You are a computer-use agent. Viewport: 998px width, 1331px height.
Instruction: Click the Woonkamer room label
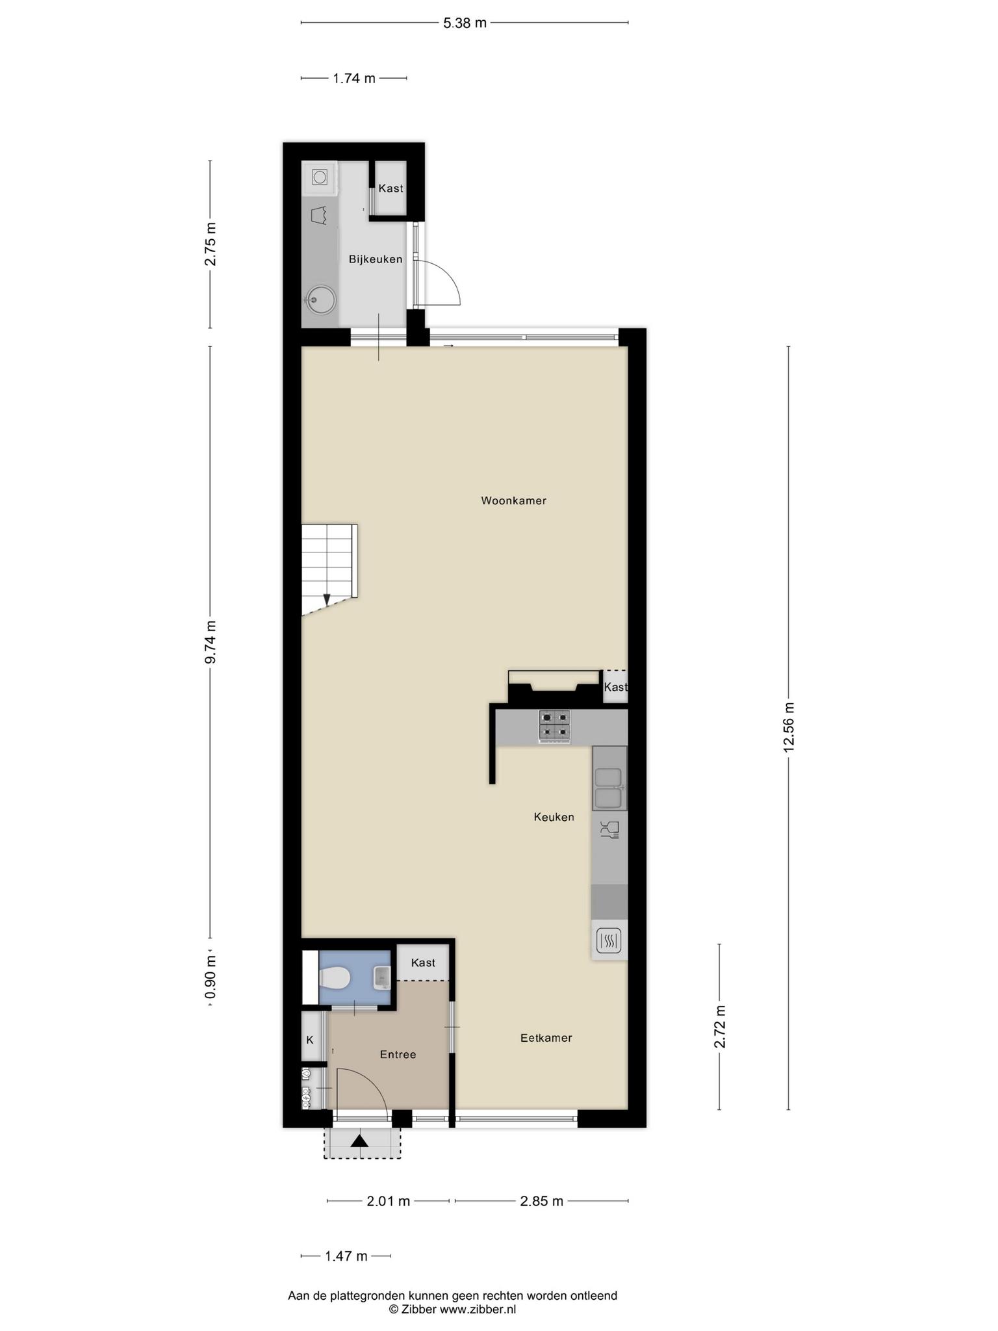point(513,500)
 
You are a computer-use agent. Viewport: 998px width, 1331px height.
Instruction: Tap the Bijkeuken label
point(376,259)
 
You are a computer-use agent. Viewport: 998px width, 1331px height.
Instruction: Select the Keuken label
point(554,817)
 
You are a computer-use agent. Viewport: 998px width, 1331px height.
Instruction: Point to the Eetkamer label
point(546,1038)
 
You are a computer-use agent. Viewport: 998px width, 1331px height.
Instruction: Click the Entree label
point(398,1054)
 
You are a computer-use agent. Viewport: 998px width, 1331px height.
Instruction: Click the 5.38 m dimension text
point(465,23)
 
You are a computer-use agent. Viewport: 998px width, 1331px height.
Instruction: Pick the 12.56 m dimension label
point(789,727)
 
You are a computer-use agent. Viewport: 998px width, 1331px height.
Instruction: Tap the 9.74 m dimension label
point(210,642)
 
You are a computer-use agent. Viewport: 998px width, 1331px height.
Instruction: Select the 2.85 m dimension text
point(542,1201)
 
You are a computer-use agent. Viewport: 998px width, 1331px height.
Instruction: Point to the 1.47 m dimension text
point(346,1256)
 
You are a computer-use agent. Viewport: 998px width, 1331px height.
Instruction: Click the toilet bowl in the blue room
point(335,976)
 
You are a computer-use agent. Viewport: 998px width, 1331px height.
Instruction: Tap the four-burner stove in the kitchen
point(554,725)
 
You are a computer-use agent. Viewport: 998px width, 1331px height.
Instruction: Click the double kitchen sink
point(609,788)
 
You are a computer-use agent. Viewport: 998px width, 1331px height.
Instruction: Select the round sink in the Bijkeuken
point(320,300)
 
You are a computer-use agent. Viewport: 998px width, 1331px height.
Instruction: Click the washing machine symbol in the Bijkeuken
point(319,177)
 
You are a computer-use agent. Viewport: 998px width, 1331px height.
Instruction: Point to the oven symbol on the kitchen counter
point(609,940)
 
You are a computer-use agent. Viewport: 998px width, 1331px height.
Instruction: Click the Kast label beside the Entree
point(423,963)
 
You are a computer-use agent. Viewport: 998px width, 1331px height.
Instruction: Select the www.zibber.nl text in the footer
point(478,1310)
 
